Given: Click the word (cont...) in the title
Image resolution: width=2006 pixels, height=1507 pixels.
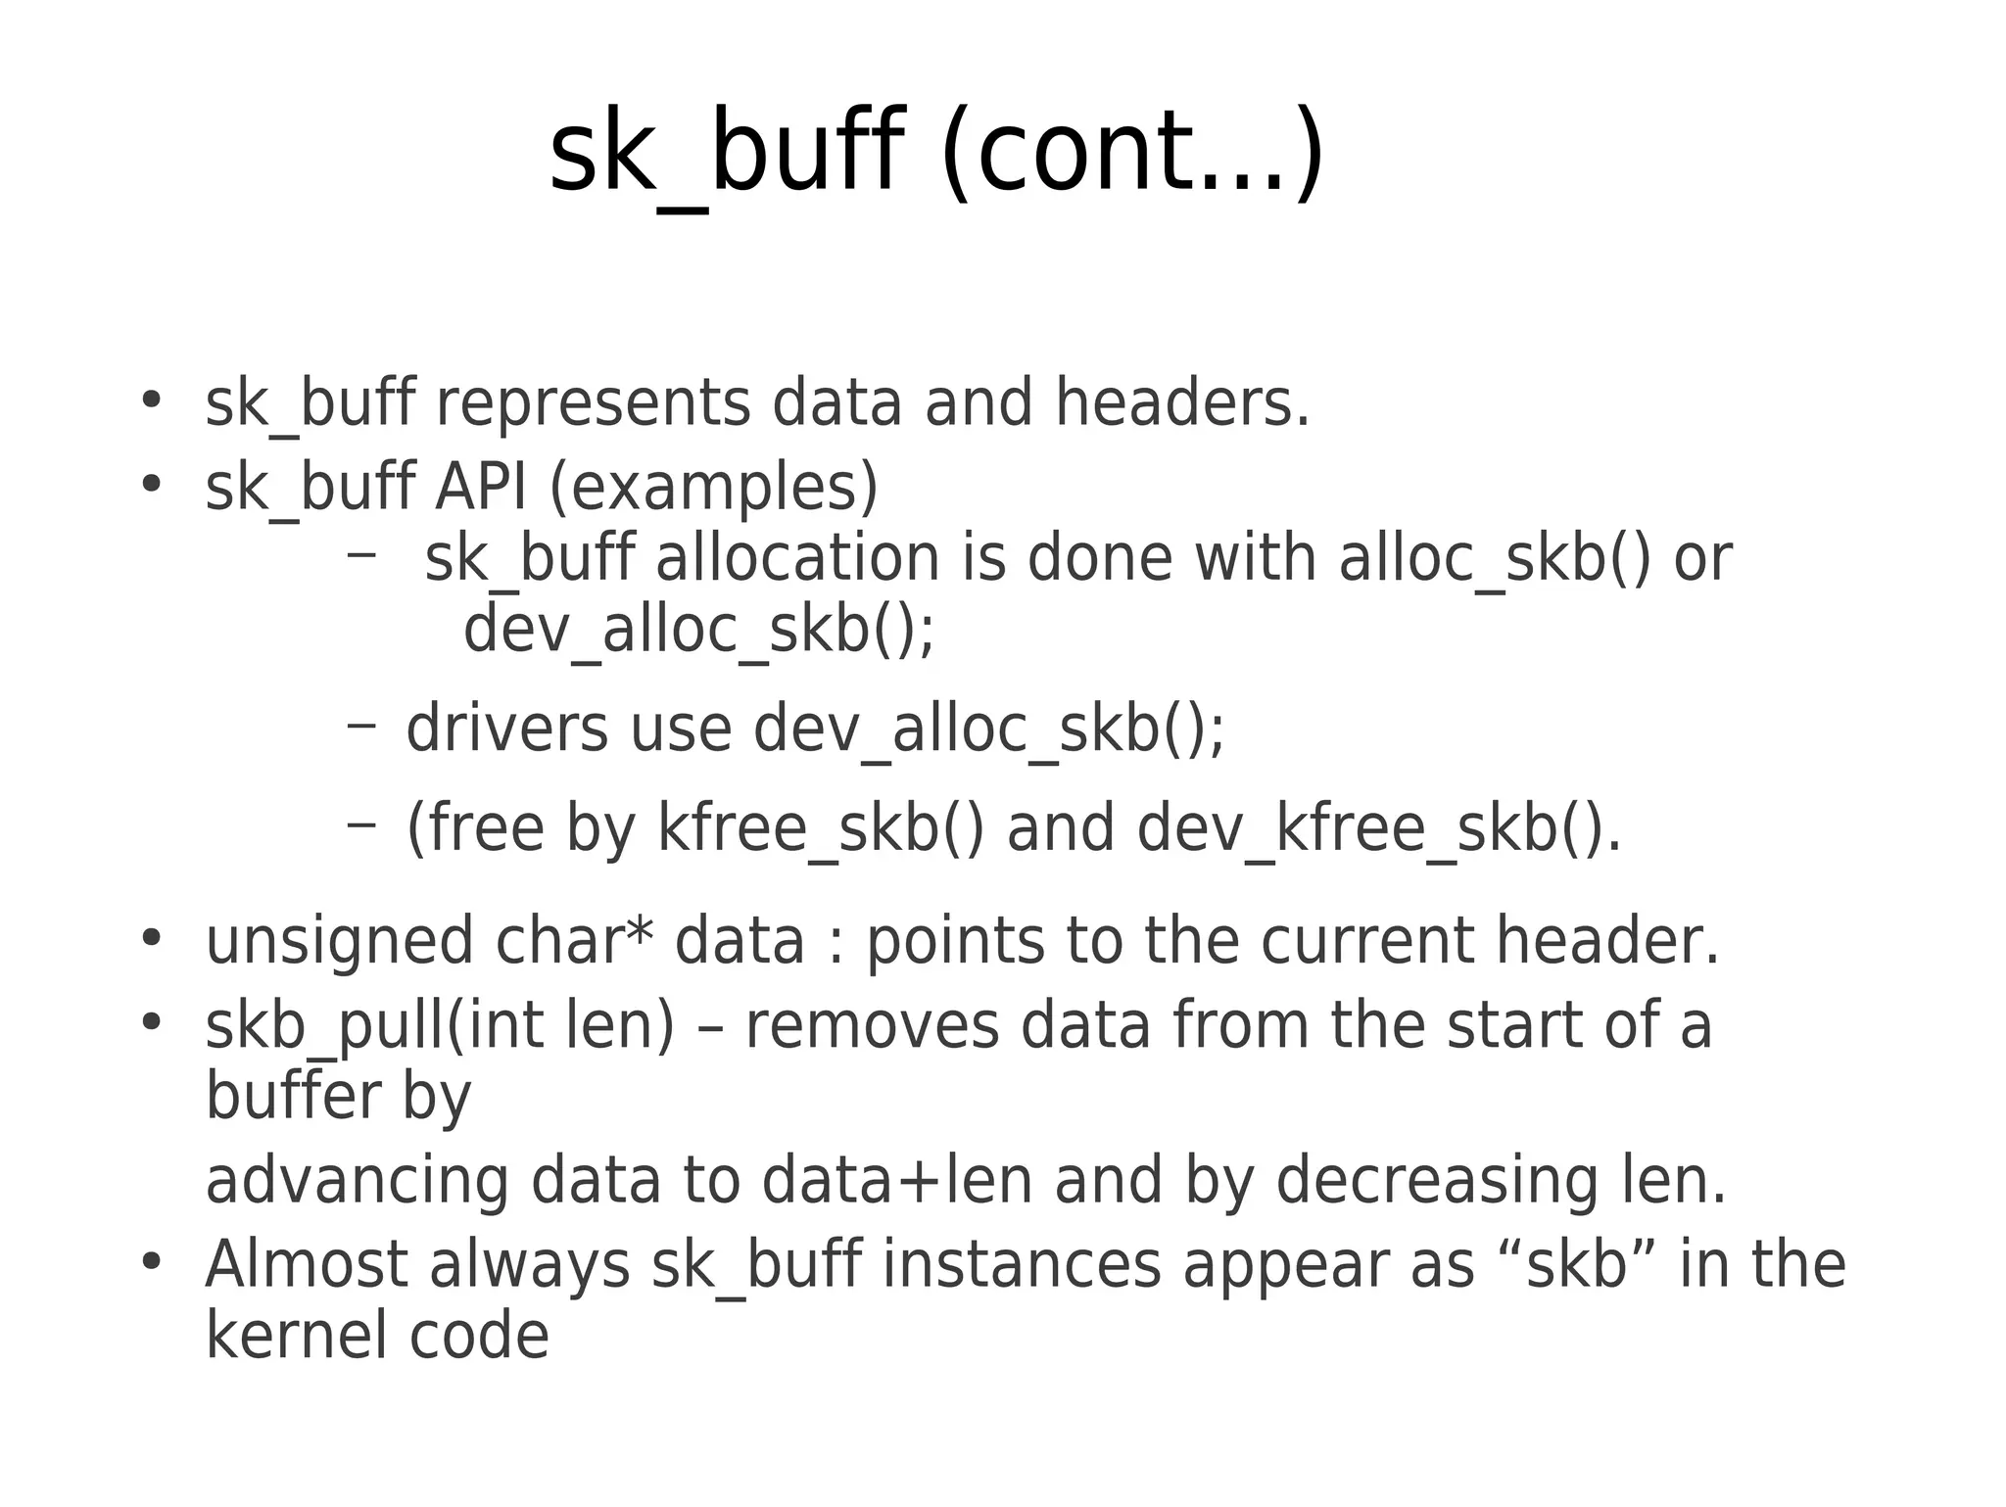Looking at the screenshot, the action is click(1131, 155).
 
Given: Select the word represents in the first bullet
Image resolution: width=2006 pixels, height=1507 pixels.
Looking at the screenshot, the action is click(592, 403).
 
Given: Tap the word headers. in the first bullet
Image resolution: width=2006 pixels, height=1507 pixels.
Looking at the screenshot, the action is click(1182, 403).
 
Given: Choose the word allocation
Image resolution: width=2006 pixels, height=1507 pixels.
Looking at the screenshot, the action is click(796, 558).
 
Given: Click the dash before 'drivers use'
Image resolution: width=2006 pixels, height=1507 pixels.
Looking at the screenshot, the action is click(360, 726).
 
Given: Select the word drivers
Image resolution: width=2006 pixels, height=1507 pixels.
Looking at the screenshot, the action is click(506, 730).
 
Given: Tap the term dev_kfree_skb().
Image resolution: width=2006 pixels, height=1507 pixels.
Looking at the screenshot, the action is click(1379, 828).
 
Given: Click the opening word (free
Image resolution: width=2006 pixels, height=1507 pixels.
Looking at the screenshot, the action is click(475, 828).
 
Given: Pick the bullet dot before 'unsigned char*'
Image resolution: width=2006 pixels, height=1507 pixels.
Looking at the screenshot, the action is click(150, 937).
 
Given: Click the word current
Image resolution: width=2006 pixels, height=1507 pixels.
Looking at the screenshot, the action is click(1366, 941).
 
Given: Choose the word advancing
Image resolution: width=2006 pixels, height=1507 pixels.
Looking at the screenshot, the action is click(357, 1180).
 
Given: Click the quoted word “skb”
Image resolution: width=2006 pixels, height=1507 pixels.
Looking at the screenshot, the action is click(1577, 1264).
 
